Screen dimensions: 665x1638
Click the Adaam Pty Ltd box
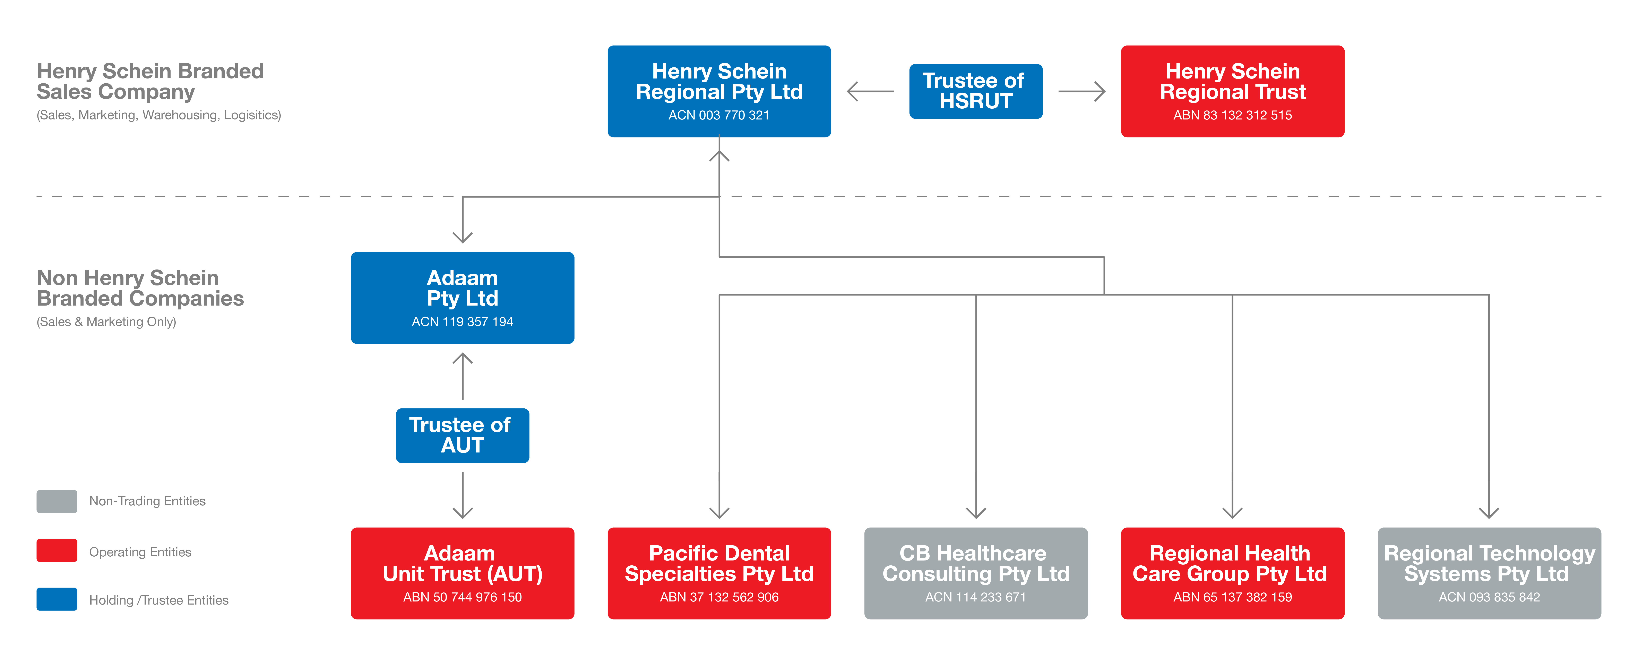point(462,298)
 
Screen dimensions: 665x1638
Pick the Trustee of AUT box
point(462,435)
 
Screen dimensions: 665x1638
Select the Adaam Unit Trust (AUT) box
point(462,573)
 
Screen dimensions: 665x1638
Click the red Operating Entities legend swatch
point(57,550)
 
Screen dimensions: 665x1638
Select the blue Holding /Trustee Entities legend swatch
point(57,599)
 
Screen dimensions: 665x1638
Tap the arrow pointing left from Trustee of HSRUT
point(870,92)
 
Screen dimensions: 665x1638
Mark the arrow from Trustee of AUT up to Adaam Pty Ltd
point(462,375)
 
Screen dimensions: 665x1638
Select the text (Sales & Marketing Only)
point(106,322)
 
